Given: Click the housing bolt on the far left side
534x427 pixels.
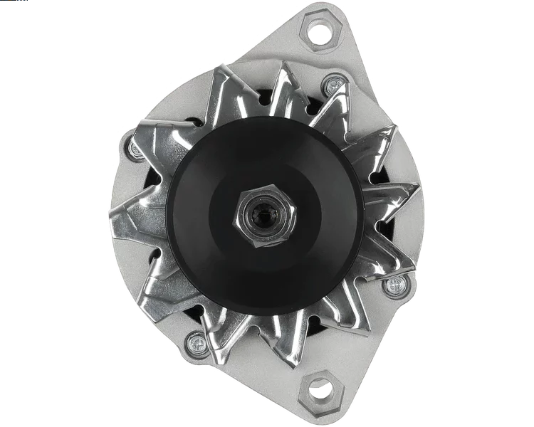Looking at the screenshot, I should tap(136, 149).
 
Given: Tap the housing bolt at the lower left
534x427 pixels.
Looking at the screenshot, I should tap(194, 344).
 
